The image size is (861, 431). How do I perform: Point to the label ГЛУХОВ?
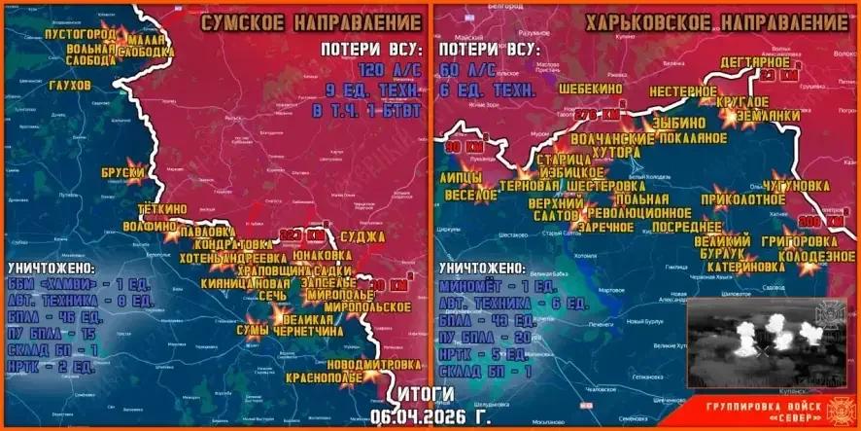click(x=68, y=86)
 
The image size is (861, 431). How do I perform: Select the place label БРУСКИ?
click(x=121, y=173)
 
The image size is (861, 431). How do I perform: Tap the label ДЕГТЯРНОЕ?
click(x=755, y=63)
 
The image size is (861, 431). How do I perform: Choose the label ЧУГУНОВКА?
click(x=796, y=185)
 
